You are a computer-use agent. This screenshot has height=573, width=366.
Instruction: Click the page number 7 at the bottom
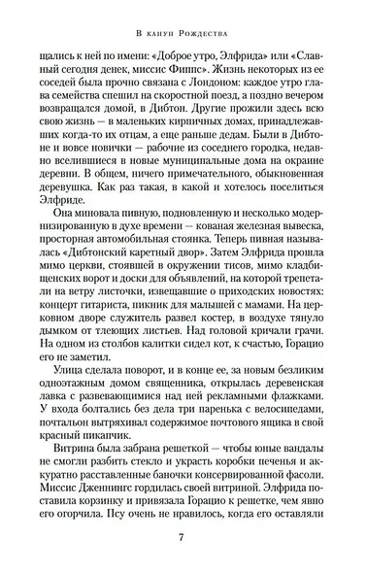pos(183,540)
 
